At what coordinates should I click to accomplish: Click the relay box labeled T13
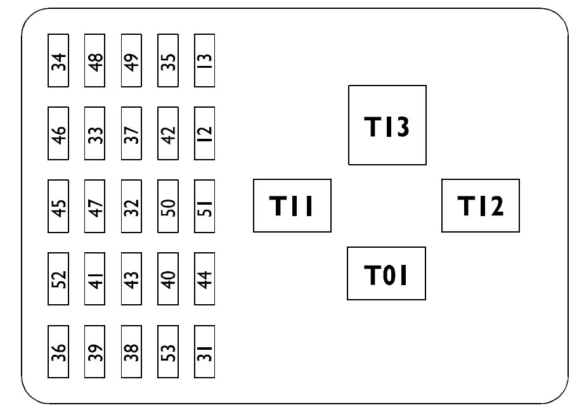click(x=387, y=125)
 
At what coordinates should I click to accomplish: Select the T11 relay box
click(x=292, y=205)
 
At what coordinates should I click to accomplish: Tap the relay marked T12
click(x=480, y=205)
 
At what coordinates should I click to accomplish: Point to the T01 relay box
click(x=386, y=273)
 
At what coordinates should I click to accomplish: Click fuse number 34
click(x=58, y=61)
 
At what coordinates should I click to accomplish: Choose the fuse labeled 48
click(x=94, y=61)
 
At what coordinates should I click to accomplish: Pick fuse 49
click(x=131, y=61)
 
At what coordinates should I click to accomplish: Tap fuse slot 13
click(x=205, y=61)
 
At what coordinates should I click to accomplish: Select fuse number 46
click(x=58, y=134)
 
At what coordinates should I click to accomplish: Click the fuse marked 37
click(x=131, y=134)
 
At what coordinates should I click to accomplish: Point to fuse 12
click(x=205, y=134)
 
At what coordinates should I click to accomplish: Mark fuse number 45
click(x=58, y=207)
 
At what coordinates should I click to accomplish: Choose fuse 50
click(x=168, y=207)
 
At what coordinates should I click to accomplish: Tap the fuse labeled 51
click(x=205, y=207)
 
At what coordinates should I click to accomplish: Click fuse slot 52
click(x=58, y=279)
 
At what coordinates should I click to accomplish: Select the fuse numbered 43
click(x=131, y=279)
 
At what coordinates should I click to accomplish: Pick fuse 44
click(x=205, y=279)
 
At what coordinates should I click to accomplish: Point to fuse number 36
click(x=58, y=352)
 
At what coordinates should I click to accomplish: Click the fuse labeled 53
click(x=168, y=352)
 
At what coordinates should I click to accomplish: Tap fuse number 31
click(x=205, y=352)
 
